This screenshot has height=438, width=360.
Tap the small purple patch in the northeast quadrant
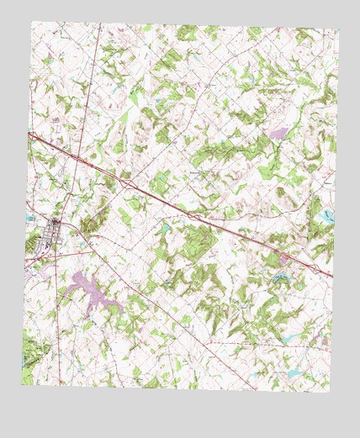pyautogui.click(x=278, y=133)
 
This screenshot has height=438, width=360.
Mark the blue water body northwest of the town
pyautogui.click(x=30, y=220)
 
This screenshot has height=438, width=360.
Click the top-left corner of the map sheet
pyautogui.click(x=33, y=21)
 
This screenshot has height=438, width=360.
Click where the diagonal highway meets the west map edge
pyautogui.click(x=29, y=133)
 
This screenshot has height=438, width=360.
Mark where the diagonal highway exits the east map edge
pyautogui.click(x=333, y=277)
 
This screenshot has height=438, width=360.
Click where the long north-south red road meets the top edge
pyautogui.click(x=100, y=24)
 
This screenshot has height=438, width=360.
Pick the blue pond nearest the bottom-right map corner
pyautogui.click(x=294, y=371)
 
